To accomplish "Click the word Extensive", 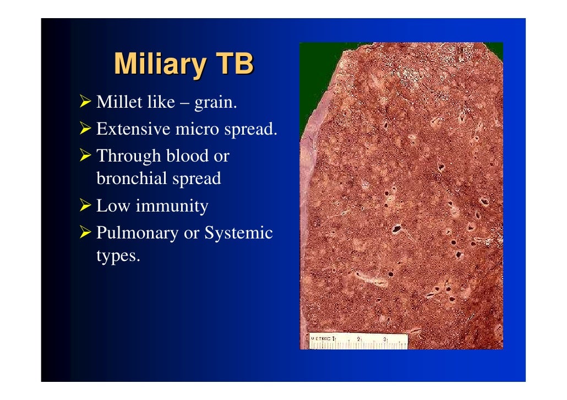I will click(x=133, y=129).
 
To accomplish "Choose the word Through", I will click(x=128, y=157).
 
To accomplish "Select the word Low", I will click(x=113, y=206).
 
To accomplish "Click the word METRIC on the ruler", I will click(x=320, y=338).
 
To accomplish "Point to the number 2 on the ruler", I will click(x=358, y=338).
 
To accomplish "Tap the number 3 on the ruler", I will click(x=384, y=338).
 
